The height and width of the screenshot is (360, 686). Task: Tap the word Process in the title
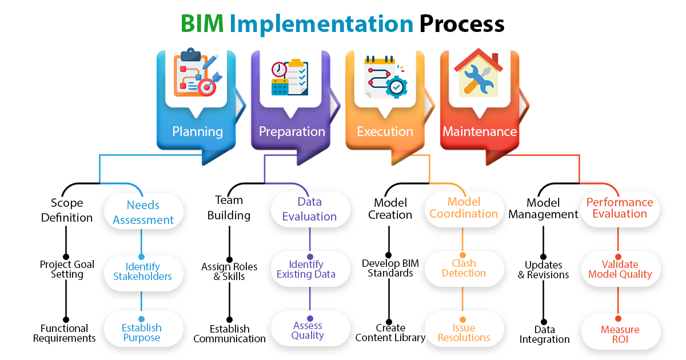(462, 24)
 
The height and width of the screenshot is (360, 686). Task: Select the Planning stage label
(197, 131)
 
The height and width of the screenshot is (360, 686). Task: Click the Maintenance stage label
(479, 131)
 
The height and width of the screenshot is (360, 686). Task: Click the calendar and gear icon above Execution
(385, 77)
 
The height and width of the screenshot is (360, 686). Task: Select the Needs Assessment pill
(143, 212)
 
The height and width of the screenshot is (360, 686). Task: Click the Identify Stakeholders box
(142, 271)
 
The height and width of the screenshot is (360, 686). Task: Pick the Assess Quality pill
(308, 330)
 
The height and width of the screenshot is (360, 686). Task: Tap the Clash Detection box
(464, 268)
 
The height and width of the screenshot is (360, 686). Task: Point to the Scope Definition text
(67, 210)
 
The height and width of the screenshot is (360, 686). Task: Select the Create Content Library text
(390, 333)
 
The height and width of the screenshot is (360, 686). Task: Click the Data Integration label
(544, 334)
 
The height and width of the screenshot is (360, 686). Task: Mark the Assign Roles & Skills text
(229, 271)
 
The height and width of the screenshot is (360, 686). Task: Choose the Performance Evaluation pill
(619, 208)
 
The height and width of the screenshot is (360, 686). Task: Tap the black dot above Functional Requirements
(66, 319)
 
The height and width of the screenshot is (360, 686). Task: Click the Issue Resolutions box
(464, 333)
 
